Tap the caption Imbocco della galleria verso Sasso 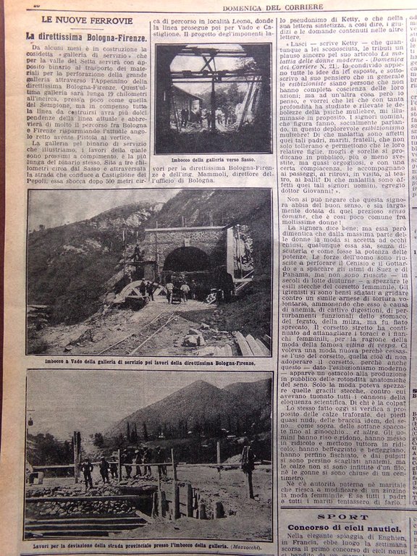point(213,159)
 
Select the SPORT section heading point(344,518)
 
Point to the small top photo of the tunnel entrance point(213,98)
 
